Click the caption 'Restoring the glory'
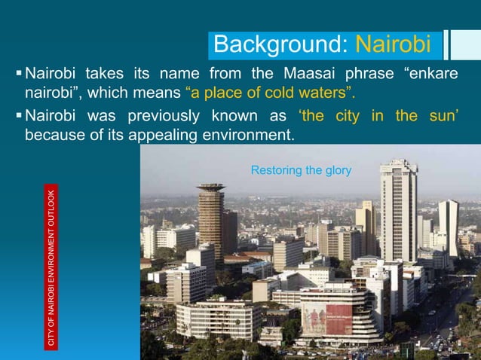(x=301, y=171)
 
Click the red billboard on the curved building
(x=326, y=319)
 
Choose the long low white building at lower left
(x=219, y=319)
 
